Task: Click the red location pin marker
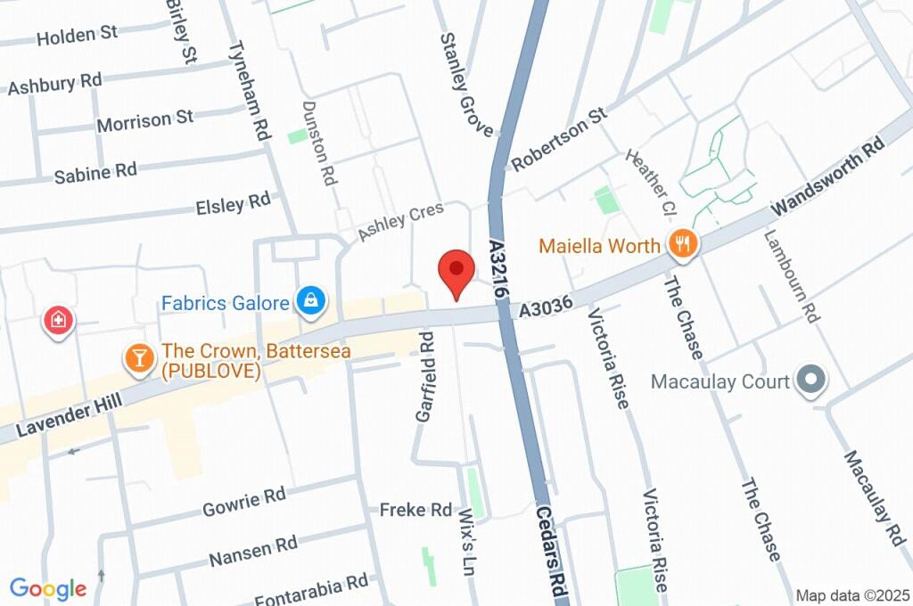pos(456,271)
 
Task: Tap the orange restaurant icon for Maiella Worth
pos(682,244)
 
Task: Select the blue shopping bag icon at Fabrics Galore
pos(310,300)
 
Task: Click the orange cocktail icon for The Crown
pos(138,358)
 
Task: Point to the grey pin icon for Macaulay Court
pos(811,381)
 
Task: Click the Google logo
pos(48,588)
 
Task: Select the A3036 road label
pos(546,308)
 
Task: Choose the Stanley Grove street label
pos(465,86)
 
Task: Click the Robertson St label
pos(559,139)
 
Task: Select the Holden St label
pos(78,36)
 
